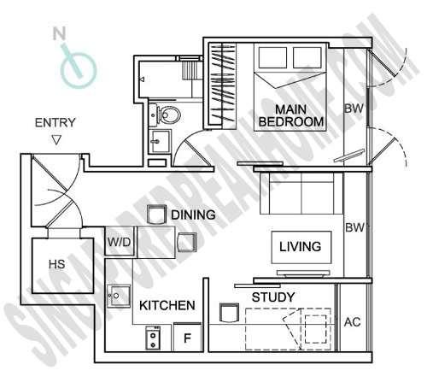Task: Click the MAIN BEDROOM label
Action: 291,115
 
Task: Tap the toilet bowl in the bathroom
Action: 168,115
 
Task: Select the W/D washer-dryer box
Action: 120,242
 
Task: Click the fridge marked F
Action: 187,338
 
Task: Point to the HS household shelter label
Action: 57,264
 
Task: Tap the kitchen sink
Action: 119,296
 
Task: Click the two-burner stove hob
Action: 153,338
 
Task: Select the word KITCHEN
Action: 167,305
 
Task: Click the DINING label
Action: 193,215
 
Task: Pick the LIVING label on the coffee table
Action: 301,246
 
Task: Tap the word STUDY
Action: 273,297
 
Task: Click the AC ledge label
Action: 353,322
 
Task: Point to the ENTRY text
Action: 56,123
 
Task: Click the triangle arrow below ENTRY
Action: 56,140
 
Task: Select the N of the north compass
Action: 60,33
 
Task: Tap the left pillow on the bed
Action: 272,57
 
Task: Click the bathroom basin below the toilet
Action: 161,142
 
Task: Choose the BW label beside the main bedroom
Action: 354,109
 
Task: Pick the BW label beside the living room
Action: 354,227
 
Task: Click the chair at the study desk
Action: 229,313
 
